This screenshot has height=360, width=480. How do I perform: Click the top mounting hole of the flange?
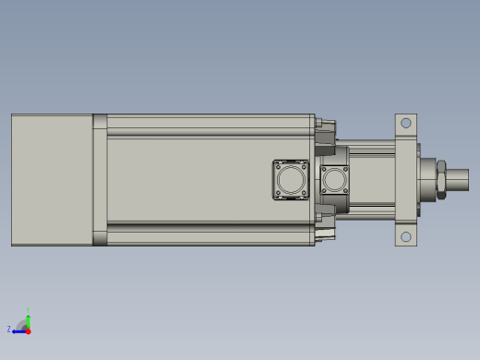pyautogui.click(x=405, y=123)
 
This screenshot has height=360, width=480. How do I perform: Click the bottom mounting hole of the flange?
pyautogui.click(x=405, y=237)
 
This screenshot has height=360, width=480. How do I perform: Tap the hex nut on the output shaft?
pyautogui.click(x=443, y=179)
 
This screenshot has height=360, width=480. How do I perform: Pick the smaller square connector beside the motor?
pyautogui.click(x=334, y=179)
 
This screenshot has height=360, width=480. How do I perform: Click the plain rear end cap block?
pyautogui.click(x=52, y=180)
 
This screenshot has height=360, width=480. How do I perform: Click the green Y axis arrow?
pyautogui.click(x=28, y=317)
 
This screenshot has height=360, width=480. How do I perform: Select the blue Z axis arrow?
pyautogui.click(x=18, y=330)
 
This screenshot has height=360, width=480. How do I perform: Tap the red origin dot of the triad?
pyautogui.click(x=28, y=330)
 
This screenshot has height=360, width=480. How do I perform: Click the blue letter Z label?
pyautogui.click(x=9, y=329)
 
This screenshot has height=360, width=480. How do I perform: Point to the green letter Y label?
pyautogui.click(x=28, y=310)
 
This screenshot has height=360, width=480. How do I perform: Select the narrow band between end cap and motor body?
pyautogui.click(x=100, y=180)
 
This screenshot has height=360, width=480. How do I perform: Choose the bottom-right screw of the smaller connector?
pyautogui.click(x=345, y=191)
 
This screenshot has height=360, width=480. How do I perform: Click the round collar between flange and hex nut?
pyautogui.click(x=428, y=179)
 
